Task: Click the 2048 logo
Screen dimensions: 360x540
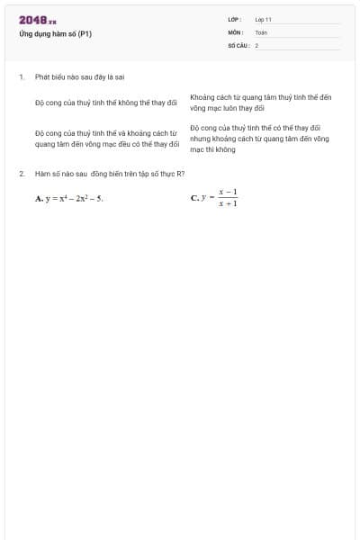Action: click(x=38, y=20)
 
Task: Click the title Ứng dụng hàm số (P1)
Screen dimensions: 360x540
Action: click(x=55, y=34)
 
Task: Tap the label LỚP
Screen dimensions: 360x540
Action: click(x=235, y=19)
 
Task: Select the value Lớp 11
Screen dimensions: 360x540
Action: click(x=263, y=19)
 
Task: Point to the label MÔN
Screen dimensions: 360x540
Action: click(x=236, y=31)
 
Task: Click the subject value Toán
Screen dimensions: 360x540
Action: click(x=261, y=31)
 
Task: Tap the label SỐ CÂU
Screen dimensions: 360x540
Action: click(x=238, y=44)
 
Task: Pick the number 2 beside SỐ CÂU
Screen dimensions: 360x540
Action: click(x=256, y=44)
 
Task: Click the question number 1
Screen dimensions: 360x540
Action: click(x=21, y=76)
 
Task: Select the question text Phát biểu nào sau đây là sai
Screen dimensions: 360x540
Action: click(x=79, y=76)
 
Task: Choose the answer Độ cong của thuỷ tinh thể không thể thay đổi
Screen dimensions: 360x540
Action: click(x=106, y=103)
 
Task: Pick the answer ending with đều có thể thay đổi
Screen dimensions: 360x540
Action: click(x=106, y=138)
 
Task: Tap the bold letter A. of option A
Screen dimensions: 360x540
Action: click(x=40, y=198)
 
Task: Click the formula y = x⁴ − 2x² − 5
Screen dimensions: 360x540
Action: click(x=75, y=198)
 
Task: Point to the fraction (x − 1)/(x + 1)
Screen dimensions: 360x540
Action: click(x=228, y=197)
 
